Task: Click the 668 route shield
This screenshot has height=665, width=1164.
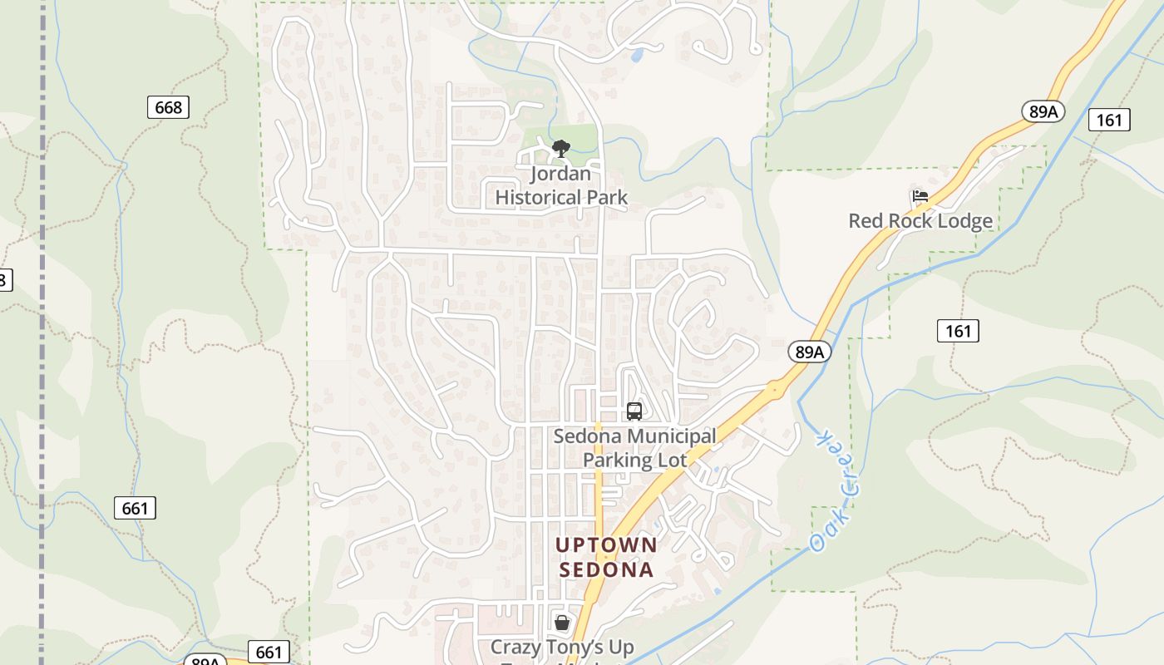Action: pyautogui.click(x=168, y=107)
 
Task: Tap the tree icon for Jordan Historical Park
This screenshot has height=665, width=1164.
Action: pyautogui.click(x=561, y=150)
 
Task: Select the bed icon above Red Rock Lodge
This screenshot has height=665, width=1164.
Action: pyautogui.click(x=920, y=197)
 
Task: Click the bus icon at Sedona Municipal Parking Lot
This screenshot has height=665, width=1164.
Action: pyautogui.click(x=634, y=411)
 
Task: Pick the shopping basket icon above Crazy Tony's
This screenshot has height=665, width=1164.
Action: pyautogui.click(x=562, y=623)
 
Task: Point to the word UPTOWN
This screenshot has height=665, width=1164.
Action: pyautogui.click(x=606, y=545)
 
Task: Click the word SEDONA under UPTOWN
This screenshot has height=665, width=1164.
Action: pyautogui.click(x=606, y=570)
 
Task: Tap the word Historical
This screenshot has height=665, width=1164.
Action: pyautogui.click(x=561, y=198)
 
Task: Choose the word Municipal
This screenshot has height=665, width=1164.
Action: pyautogui.click(x=663, y=436)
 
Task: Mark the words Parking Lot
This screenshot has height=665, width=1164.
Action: pyautogui.click(x=634, y=461)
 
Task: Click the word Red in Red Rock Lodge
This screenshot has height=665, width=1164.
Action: pyautogui.click(x=863, y=221)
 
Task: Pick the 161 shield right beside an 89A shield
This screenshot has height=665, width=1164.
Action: pyautogui.click(x=1108, y=120)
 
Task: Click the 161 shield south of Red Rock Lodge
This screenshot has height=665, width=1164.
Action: pyautogui.click(x=958, y=331)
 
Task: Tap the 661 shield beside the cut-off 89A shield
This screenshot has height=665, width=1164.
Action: pyautogui.click(x=269, y=653)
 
